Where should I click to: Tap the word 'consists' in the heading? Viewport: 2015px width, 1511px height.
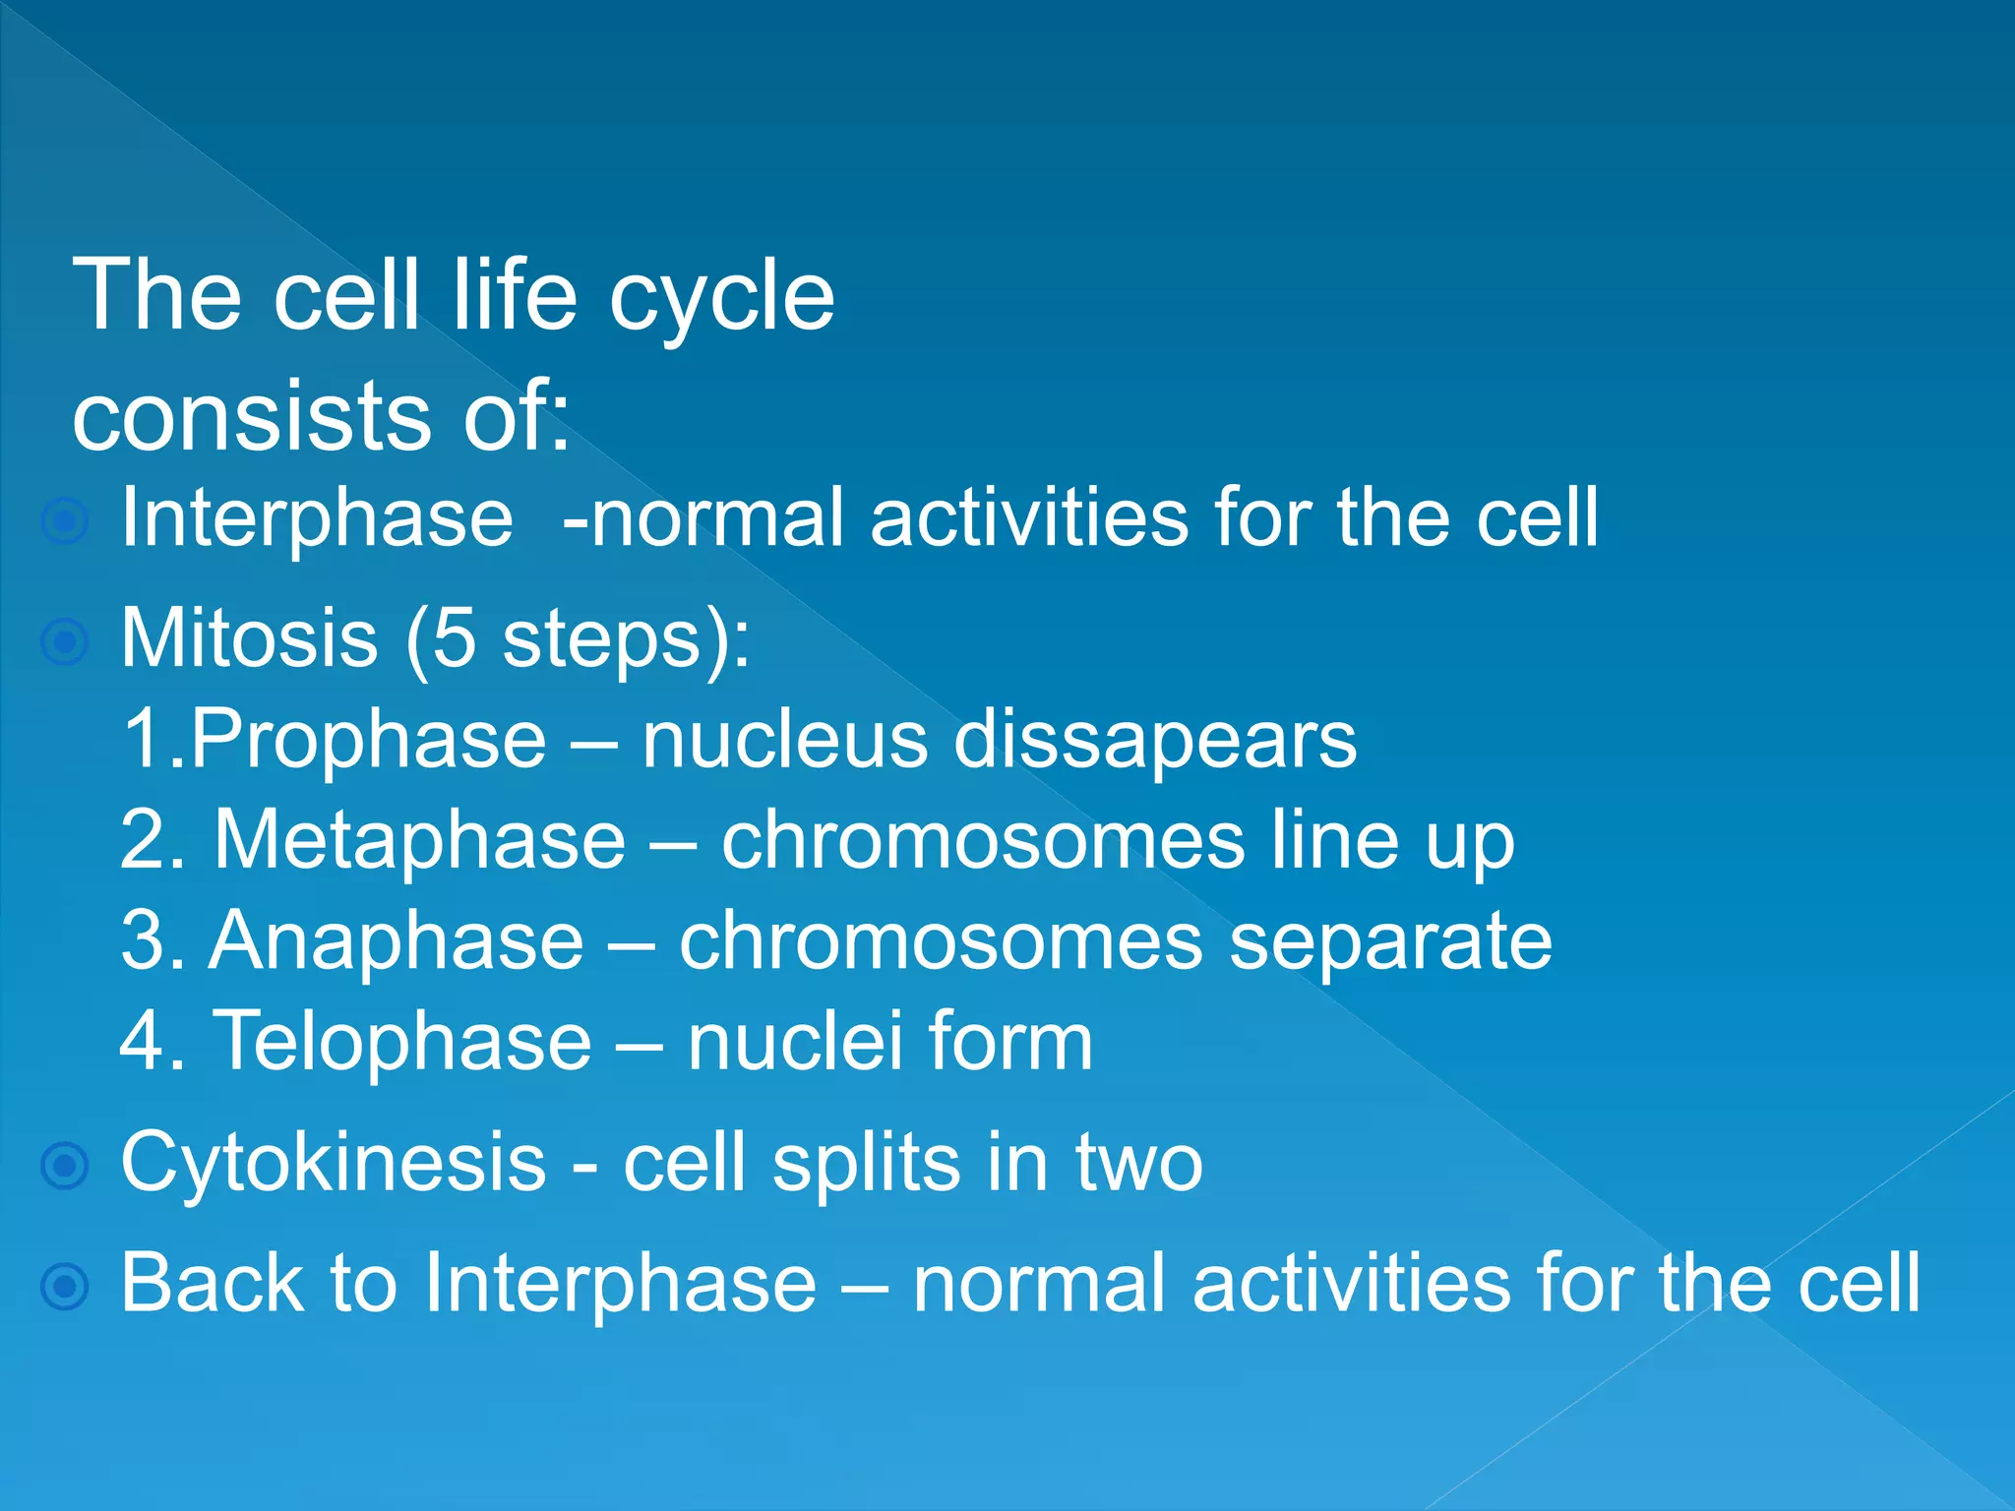click(x=252, y=416)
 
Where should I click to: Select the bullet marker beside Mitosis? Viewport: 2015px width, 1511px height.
click(x=66, y=642)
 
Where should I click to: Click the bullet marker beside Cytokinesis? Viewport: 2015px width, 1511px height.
click(x=66, y=1166)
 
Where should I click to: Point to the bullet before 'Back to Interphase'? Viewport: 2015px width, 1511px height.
click(x=66, y=1286)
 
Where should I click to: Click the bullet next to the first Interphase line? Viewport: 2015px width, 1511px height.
click(x=66, y=521)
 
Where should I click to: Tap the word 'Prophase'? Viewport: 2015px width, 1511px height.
click(x=367, y=740)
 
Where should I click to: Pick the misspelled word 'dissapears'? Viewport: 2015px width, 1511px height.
click(x=1155, y=740)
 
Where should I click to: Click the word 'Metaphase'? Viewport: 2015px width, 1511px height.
click(x=420, y=841)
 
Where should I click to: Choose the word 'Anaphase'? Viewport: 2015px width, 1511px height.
click(x=397, y=941)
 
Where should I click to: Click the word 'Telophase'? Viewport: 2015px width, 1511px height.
click(x=402, y=1042)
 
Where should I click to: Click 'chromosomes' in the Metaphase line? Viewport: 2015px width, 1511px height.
click(x=983, y=841)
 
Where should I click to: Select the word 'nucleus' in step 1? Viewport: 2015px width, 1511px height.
click(x=784, y=740)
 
